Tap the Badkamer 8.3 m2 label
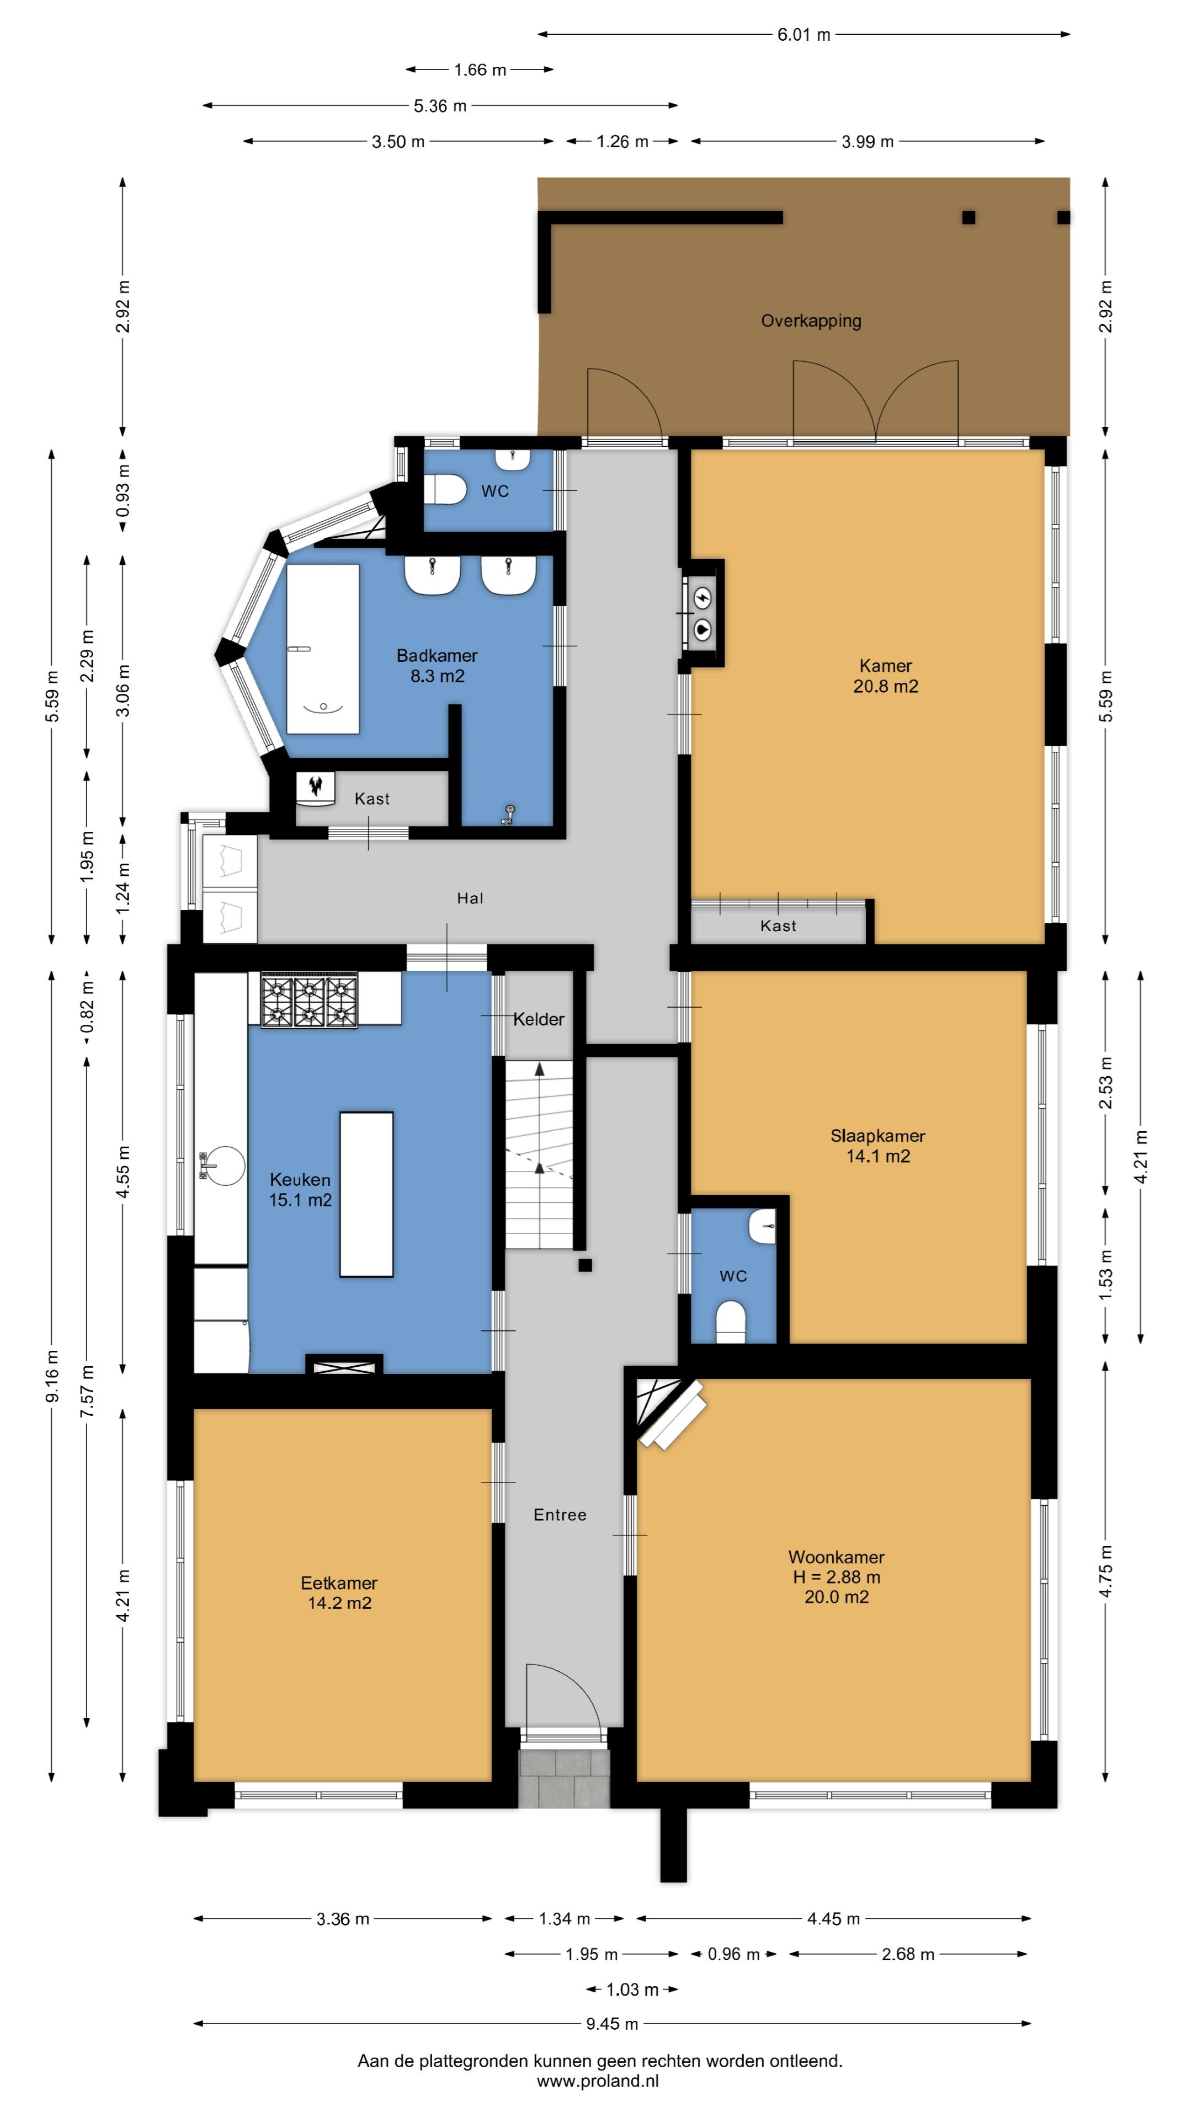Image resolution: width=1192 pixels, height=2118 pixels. click(x=437, y=665)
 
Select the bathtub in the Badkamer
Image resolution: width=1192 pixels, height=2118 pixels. click(x=322, y=648)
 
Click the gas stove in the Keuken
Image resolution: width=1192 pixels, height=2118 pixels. click(x=309, y=1000)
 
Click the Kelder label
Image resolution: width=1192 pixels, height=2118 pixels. click(x=539, y=1019)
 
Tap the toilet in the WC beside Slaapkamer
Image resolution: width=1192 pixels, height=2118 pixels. click(x=731, y=1320)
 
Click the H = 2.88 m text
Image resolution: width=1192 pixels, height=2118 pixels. click(x=836, y=1576)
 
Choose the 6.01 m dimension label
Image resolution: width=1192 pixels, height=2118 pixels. click(x=803, y=35)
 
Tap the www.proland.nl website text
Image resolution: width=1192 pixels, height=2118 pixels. click(x=598, y=2081)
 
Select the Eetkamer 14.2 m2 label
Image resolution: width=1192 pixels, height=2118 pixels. click(x=339, y=1592)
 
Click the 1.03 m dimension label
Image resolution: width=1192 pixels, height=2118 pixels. click(x=632, y=1989)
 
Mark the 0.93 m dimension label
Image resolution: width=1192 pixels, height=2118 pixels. click(x=124, y=490)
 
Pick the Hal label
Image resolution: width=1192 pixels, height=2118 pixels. click(x=470, y=898)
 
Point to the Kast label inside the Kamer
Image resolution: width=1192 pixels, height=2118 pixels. click(x=778, y=926)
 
